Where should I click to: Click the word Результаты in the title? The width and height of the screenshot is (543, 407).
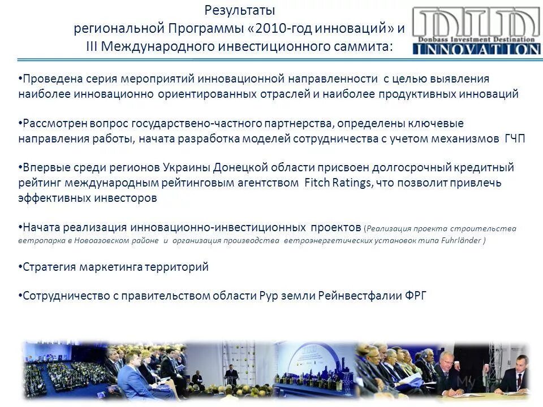[239, 11]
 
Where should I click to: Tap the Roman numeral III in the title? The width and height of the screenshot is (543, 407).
[93, 46]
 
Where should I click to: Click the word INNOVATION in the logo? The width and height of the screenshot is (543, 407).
[476, 50]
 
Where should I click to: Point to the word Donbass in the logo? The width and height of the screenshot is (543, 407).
[435, 40]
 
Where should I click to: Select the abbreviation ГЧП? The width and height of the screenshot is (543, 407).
[514, 140]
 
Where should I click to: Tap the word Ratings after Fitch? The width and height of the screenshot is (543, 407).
[351, 183]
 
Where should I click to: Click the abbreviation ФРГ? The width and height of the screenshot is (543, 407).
[416, 296]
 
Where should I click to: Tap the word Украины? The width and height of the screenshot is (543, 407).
[184, 168]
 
